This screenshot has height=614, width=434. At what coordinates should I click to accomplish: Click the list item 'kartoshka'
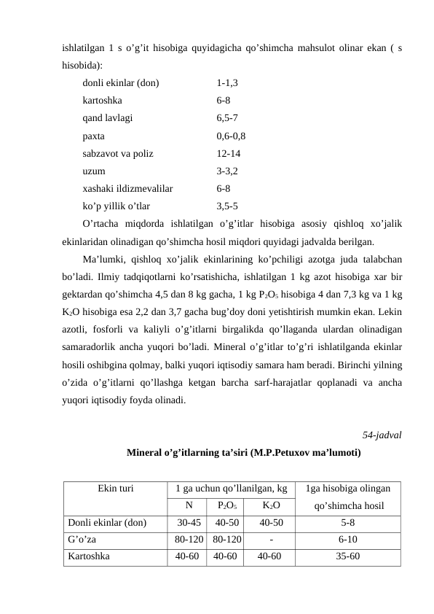103,101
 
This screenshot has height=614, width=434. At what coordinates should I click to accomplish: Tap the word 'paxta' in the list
94,136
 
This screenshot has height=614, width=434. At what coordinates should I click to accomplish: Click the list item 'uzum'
93,171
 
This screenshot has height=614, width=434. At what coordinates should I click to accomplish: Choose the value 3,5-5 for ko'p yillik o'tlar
226,206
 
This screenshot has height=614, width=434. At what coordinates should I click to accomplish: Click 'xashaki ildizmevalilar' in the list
127,189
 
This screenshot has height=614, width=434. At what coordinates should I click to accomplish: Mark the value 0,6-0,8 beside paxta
231,136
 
